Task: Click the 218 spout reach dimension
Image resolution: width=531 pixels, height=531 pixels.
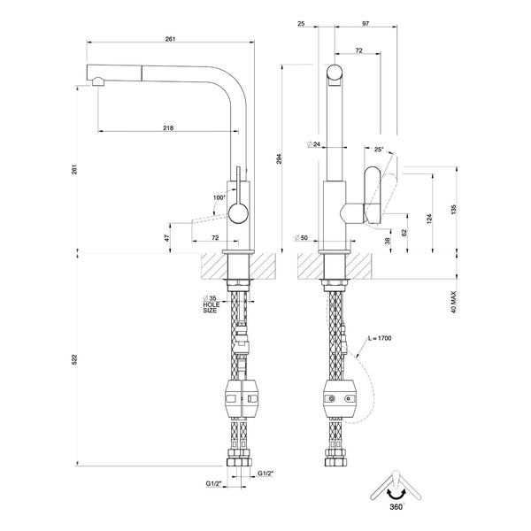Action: [168, 128]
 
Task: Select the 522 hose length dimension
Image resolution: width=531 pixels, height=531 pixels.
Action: [75, 359]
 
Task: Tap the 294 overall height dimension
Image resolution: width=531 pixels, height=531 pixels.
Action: [279, 158]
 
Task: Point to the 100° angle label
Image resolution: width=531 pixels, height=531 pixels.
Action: [219, 197]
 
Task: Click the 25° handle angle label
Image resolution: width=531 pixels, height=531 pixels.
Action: [379, 150]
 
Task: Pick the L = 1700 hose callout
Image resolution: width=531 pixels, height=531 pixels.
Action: [380, 338]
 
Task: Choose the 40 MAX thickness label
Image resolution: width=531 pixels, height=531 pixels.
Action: [454, 302]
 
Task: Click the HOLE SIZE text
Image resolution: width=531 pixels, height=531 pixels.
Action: [212, 307]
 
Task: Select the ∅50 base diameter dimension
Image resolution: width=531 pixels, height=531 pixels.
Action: [301, 238]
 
